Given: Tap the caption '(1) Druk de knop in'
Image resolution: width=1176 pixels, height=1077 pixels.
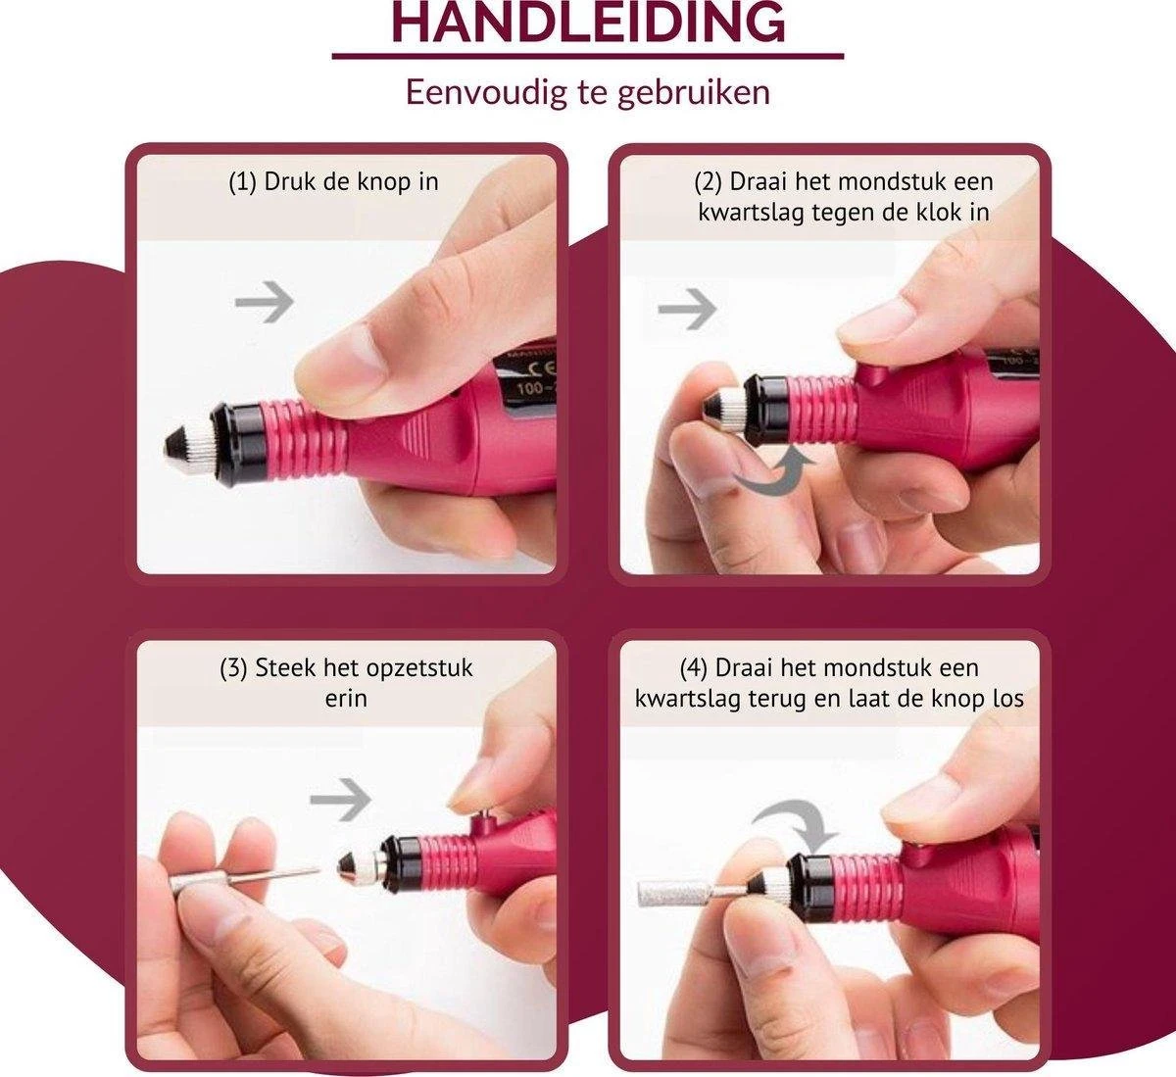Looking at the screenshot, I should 333,182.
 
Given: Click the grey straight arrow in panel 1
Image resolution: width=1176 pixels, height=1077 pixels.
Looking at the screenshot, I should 265,302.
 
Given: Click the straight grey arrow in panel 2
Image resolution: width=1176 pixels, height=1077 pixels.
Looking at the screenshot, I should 687,310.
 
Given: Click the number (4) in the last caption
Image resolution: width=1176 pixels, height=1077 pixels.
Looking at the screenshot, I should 694,668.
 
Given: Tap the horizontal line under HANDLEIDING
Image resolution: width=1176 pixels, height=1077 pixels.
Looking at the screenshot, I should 587,57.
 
